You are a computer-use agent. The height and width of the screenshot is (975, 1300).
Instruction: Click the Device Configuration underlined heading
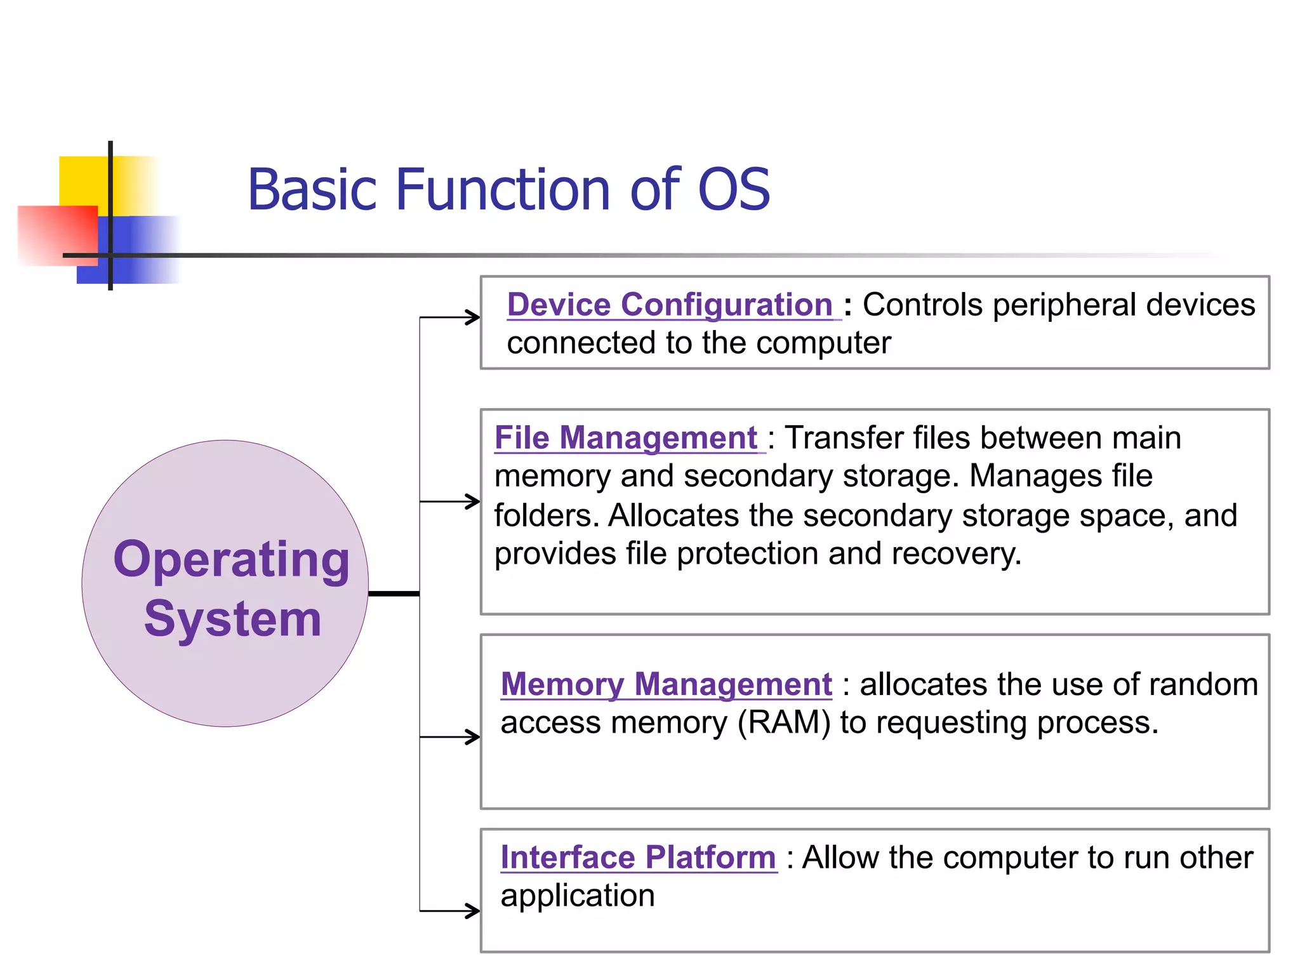[670, 305]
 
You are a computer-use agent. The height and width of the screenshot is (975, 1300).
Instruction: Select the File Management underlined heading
[626, 438]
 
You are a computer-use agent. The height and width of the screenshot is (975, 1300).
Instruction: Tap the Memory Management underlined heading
[666, 684]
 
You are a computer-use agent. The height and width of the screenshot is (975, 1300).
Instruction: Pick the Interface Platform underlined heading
[638, 858]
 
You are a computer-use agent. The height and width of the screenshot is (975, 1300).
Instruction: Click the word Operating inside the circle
[231, 560]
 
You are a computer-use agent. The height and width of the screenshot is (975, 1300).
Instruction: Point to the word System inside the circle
[232, 619]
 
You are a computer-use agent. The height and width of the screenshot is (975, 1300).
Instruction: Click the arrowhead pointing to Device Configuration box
[473, 317]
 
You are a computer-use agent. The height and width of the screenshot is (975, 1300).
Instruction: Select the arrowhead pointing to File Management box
[473, 501]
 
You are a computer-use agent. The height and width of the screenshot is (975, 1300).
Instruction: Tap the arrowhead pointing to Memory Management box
[473, 737]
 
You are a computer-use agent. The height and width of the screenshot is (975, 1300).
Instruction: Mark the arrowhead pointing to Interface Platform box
[473, 911]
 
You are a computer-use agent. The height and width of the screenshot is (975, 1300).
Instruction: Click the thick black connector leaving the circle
[394, 594]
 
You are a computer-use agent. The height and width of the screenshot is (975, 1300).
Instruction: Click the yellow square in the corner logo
[83, 181]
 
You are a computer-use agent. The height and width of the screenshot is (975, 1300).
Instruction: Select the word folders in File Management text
[545, 515]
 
